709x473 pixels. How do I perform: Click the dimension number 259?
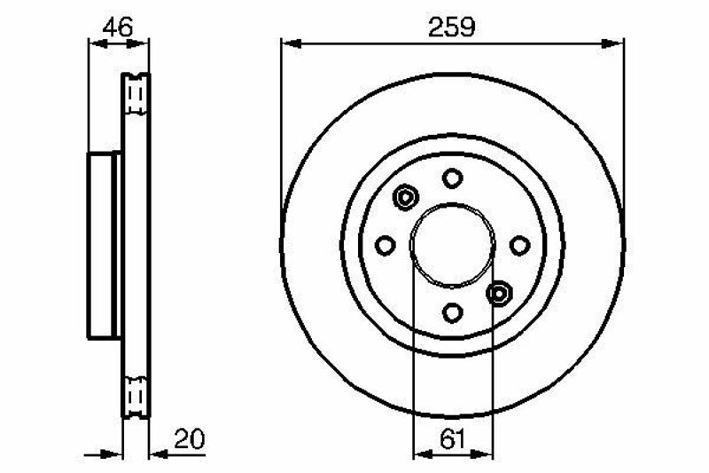click(452, 27)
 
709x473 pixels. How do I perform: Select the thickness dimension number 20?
click(190, 438)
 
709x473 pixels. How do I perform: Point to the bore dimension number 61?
click(452, 440)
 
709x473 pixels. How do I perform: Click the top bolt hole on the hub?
click(452, 177)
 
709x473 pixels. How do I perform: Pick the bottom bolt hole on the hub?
click(453, 312)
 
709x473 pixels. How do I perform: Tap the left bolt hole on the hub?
click(386, 245)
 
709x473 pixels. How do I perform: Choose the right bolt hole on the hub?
click(519, 245)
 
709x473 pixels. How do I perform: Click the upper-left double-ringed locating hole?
click(405, 197)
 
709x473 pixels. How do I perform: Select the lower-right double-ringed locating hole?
click(499, 294)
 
